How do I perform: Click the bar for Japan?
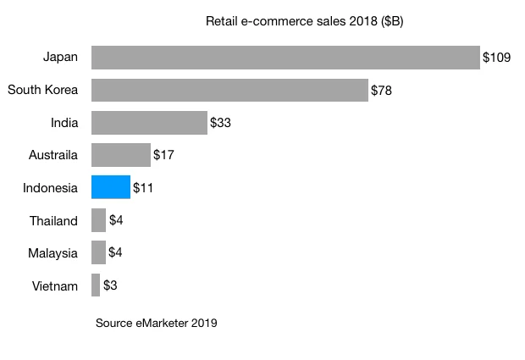click(x=285, y=58)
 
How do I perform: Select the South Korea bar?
click(x=229, y=90)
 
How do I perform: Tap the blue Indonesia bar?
click(x=111, y=187)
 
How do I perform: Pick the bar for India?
click(x=149, y=123)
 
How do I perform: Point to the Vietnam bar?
click(x=96, y=285)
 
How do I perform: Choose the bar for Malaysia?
click(x=98, y=252)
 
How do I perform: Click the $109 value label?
click(x=496, y=58)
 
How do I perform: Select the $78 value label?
click(x=381, y=90)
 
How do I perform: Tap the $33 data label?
click(x=220, y=123)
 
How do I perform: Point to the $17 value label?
click(x=163, y=155)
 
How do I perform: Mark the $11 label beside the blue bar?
click(x=143, y=187)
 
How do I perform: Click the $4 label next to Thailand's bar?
click(x=116, y=220)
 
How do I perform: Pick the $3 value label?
click(x=110, y=285)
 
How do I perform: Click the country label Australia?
click(x=52, y=155)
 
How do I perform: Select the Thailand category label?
click(x=53, y=220)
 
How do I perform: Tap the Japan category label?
click(x=60, y=58)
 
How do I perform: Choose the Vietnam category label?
click(x=55, y=285)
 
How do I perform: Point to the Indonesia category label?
click(x=51, y=187)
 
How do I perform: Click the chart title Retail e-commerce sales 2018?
click(x=304, y=20)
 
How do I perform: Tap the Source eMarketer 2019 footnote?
click(x=157, y=323)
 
